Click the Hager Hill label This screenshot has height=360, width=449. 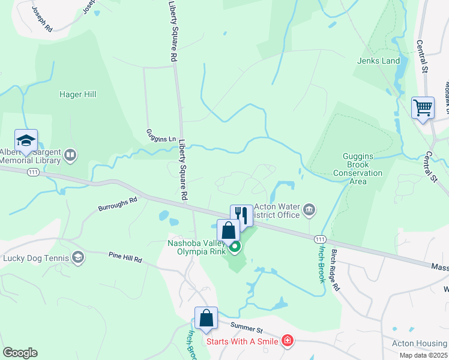pyautogui.click(x=77, y=94)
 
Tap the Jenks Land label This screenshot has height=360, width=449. pyautogui.click(x=378, y=61)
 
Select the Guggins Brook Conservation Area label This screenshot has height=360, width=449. pyautogui.click(x=358, y=165)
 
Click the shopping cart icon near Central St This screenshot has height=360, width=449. pyautogui.click(x=423, y=108)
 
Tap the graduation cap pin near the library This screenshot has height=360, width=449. pyautogui.click(x=26, y=140)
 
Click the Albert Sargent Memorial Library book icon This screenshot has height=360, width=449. pyautogui.click(x=71, y=156)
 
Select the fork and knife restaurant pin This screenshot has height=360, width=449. pyautogui.click(x=241, y=215)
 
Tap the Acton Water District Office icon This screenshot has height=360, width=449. pyautogui.click(x=309, y=209)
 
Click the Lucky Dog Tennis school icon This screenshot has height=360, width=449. pyautogui.click(x=77, y=258)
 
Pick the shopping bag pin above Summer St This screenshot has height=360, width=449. pyautogui.click(x=206, y=317)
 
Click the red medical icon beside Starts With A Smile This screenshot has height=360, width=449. pyautogui.click(x=288, y=341)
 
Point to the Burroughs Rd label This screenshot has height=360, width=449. pyautogui.click(x=118, y=204)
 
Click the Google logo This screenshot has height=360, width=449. pyautogui.click(x=20, y=353)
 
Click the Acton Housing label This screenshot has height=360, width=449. pyautogui.click(x=420, y=343)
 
